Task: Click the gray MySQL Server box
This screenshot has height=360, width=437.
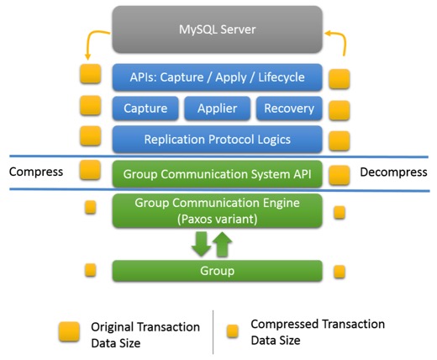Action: point(217,30)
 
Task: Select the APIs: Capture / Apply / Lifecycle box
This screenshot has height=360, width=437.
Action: point(217,78)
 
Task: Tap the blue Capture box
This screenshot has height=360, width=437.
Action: point(145,109)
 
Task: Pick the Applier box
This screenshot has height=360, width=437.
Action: point(217,109)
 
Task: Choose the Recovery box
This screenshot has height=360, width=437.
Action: point(288,109)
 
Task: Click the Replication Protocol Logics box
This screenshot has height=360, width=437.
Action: point(217,138)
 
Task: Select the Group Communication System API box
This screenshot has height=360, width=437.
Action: point(217,174)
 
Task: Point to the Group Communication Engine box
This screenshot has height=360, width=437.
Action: point(217,209)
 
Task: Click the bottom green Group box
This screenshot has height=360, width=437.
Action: point(217,271)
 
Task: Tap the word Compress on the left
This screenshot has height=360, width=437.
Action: point(36,172)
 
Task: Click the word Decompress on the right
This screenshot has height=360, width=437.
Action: point(393,172)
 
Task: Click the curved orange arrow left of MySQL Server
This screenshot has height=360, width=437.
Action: point(95,44)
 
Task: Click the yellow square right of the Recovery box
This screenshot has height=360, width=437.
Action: point(340,109)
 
